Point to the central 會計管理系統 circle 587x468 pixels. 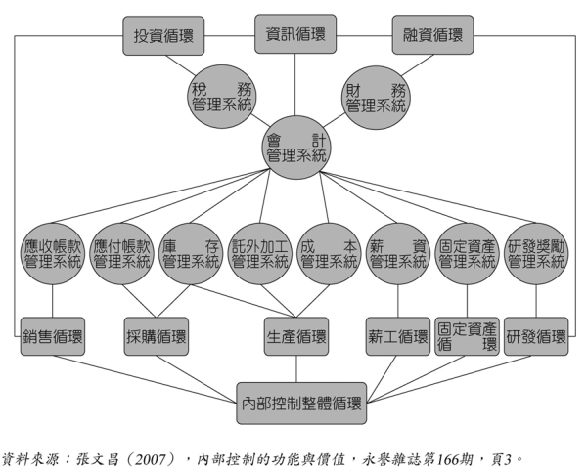coord(295,148)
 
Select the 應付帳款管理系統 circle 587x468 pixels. coord(122,253)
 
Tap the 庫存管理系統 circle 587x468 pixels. coord(191,253)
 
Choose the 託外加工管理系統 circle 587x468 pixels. coord(260,253)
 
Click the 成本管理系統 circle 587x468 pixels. coord(329,253)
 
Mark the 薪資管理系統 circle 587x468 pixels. coord(398,253)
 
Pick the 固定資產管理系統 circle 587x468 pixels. coord(467,253)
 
